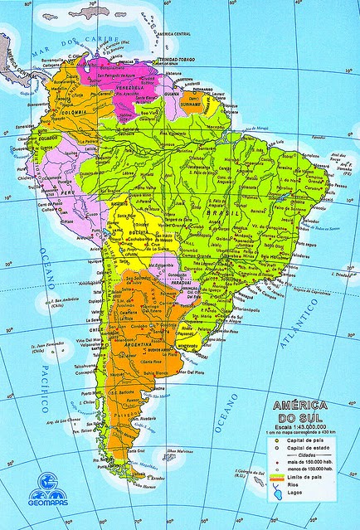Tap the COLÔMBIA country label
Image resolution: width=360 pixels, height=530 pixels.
(x=51, y=112)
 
